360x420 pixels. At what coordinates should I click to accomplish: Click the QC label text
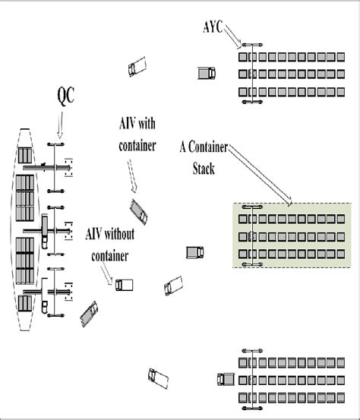click(x=67, y=96)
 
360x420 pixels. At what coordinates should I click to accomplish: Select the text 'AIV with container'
click(x=137, y=134)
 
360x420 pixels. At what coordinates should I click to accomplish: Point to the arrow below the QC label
click(x=58, y=125)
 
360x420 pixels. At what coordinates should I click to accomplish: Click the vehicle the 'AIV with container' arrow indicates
click(x=138, y=209)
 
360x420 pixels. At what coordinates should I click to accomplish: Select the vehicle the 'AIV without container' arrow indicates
click(x=123, y=285)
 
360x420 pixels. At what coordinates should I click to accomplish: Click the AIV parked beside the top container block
click(x=206, y=73)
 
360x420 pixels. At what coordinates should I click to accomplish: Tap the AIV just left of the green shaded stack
click(x=194, y=251)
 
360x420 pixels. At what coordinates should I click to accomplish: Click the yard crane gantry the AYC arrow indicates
click(x=251, y=73)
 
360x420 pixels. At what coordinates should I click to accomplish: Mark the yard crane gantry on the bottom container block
click(x=251, y=377)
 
